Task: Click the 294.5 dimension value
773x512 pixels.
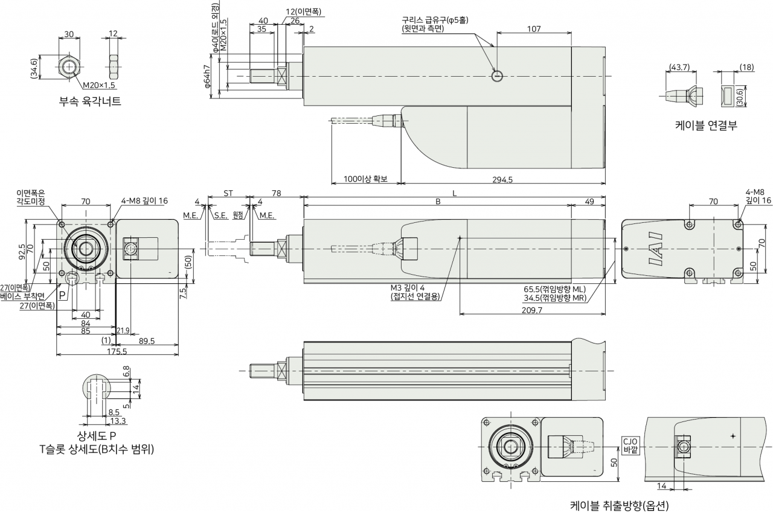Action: pos(502,179)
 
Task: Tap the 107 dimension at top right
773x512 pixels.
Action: pos(534,29)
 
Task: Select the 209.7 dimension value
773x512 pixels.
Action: pos(532,310)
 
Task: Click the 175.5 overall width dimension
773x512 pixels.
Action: pos(117,351)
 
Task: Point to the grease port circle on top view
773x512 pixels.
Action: pos(497,76)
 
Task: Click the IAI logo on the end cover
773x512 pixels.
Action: pos(656,249)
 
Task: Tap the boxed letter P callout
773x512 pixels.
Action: pos(62,295)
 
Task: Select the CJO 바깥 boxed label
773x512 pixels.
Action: pos(630,446)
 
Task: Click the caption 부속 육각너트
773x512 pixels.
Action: pos(91,101)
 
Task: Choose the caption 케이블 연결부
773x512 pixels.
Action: pos(706,125)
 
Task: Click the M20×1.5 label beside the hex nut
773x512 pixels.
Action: pos(100,85)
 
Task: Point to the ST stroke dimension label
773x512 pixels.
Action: pos(228,193)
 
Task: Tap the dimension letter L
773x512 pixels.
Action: pos(455,194)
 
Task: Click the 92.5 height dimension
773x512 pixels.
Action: pos(22,252)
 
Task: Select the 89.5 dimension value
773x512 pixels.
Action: pos(147,341)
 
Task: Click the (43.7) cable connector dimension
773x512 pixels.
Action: pos(679,67)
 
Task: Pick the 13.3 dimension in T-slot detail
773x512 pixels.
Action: pos(118,421)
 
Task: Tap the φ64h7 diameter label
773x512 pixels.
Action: pos(207,76)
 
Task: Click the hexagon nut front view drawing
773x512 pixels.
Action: pos(69,66)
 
